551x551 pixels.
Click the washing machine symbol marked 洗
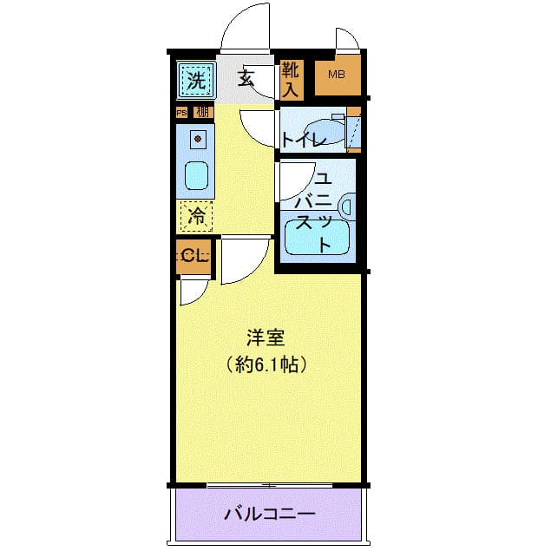(196, 82)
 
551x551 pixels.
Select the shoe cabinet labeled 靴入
(290, 78)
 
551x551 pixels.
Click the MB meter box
(337, 75)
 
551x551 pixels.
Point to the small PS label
(181, 112)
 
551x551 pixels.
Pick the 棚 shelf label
(202, 112)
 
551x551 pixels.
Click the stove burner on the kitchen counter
(198, 137)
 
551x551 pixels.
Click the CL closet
(194, 256)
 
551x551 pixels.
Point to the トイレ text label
(303, 139)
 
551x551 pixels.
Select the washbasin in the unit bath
(348, 207)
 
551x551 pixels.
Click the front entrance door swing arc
(247, 30)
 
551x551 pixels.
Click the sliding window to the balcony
(269, 483)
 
